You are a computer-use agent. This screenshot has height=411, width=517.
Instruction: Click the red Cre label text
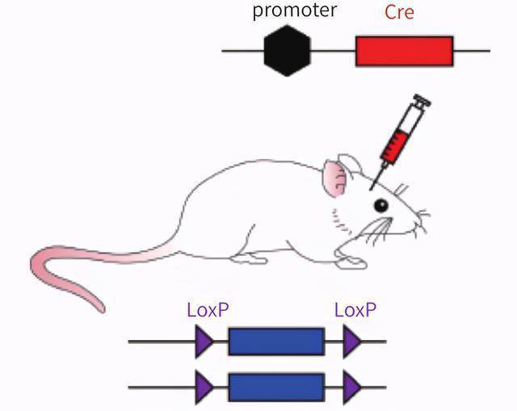click(399, 12)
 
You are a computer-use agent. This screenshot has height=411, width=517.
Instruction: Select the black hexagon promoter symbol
click(287, 50)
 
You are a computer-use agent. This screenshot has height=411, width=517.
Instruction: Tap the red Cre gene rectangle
click(404, 51)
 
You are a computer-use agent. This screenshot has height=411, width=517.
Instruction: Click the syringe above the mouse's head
click(398, 138)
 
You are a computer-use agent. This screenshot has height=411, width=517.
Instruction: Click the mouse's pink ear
click(334, 176)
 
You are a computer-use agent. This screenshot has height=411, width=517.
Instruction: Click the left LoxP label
click(208, 310)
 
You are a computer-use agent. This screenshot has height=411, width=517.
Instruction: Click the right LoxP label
click(355, 310)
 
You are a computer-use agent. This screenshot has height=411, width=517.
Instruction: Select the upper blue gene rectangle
click(275, 342)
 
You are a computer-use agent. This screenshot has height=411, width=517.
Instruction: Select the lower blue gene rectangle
click(275, 388)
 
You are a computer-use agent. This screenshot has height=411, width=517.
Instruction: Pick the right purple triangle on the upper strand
click(351, 342)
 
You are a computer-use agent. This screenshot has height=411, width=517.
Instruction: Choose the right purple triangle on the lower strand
click(351, 388)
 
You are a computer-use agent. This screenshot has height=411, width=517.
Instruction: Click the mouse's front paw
click(351, 260)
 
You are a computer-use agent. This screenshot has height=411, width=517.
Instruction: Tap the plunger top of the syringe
click(422, 100)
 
